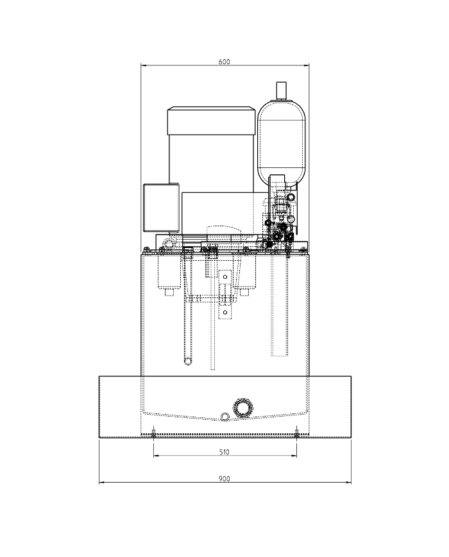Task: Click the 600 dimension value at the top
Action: pyautogui.click(x=224, y=62)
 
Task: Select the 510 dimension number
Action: pyautogui.click(x=224, y=452)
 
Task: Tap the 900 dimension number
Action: pyautogui.click(x=224, y=479)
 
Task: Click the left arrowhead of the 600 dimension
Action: pyautogui.click(x=144, y=65)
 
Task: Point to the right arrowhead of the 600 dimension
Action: pyautogui.click(x=307, y=65)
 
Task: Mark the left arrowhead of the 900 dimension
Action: pyautogui.click(x=101, y=483)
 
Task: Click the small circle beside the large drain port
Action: pyautogui.click(x=224, y=417)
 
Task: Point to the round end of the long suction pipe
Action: pyautogui.click(x=187, y=362)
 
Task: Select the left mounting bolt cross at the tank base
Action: pyautogui.click(x=153, y=431)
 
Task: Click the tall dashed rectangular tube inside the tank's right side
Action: pyautogui.click(x=280, y=308)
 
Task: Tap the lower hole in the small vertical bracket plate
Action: pyautogui.click(x=225, y=313)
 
